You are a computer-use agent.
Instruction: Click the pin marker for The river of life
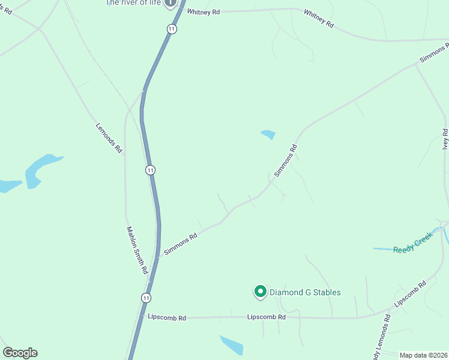pos(170,3)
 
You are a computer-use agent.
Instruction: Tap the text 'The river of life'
pos(133,3)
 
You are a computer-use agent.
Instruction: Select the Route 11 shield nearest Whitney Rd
pos(172,29)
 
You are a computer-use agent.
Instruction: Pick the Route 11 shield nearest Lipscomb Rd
pos(146,298)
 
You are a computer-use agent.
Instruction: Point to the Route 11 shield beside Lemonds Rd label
pos(150,170)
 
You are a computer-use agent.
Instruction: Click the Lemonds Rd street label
pos(109,137)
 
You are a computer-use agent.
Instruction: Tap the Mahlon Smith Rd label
pos(137,250)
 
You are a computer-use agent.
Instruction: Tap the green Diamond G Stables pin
pos(260,292)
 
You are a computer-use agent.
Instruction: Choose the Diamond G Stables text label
pos(305,293)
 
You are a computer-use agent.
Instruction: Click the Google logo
pos(20,353)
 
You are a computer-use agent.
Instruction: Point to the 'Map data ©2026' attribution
pos(424,355)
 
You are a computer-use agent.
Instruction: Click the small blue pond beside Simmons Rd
pos(268,134)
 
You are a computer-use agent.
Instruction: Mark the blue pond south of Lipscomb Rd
pos(232,345)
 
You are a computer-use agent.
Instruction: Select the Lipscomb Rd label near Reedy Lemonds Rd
pos(410,293)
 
